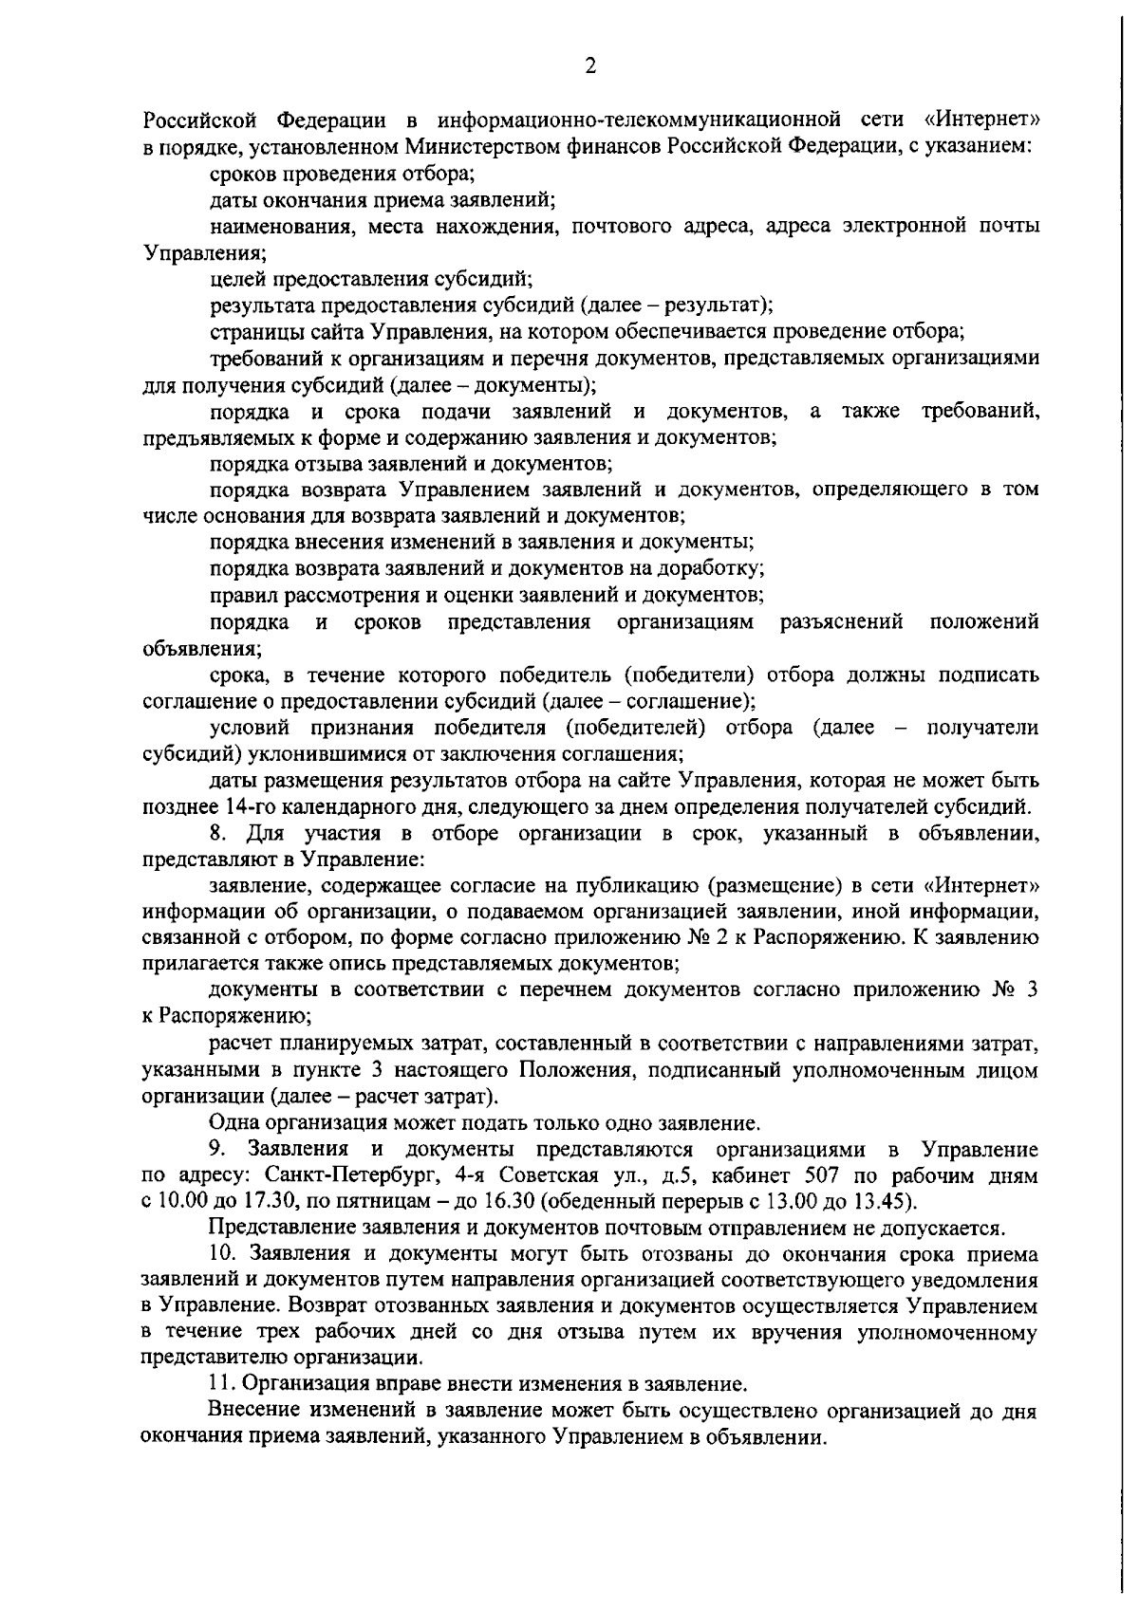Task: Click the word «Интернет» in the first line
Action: [x=980, y=120]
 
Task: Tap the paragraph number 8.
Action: [x=216, y=834]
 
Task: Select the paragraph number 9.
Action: [x=216, y=1150]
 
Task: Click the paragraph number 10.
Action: [x=223, y=1255]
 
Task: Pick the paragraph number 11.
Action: [x=221, y=1382]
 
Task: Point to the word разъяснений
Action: [x=841, y=622]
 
